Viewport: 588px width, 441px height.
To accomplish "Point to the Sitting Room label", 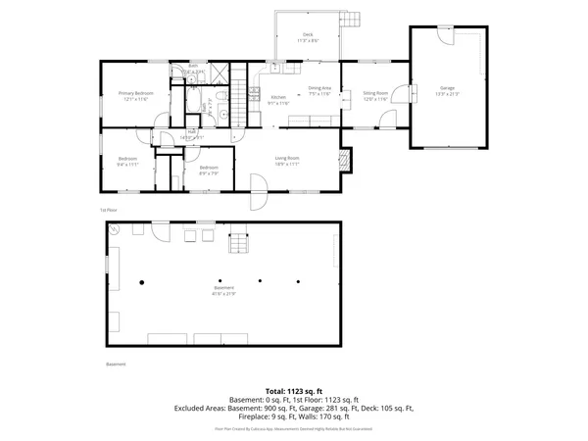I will [376, 93].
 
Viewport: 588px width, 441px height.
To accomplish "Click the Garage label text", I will [447, 87].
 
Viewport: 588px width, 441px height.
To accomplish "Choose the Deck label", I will [309, 36].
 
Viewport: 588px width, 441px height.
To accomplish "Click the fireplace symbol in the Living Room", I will [343, 159].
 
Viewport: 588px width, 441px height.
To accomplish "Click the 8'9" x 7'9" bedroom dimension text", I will [209, 172].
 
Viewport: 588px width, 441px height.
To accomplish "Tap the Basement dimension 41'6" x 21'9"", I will [224, 293].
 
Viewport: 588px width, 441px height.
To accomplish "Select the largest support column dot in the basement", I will [142, 281].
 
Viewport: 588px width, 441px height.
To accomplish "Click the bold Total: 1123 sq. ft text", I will [293, 391].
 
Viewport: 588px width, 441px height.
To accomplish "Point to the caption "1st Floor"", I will [108, 210].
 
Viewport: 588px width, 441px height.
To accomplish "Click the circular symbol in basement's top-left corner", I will [114, 229].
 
